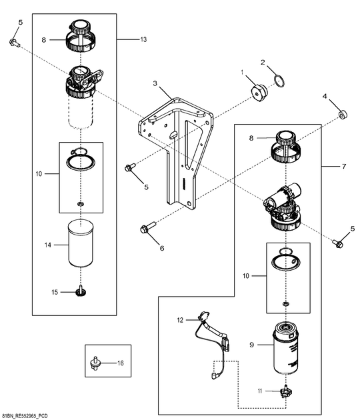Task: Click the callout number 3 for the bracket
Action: (155, 83)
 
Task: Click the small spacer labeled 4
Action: (343, 115)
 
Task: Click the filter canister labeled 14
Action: (81, 243)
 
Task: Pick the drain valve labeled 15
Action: (79, 291)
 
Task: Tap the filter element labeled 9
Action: (285, 348)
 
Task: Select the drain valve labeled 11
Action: (286, 392)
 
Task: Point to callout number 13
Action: (143, 39)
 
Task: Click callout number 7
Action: (344, 167)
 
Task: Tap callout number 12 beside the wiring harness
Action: (180, 320)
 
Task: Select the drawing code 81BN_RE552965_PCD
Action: (25, 416)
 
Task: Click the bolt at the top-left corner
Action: (15, 43)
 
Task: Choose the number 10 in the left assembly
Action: (39, 174)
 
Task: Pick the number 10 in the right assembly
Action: (245, 276)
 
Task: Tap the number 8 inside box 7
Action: (251, 138)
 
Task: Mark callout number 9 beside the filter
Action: (251, 345)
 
